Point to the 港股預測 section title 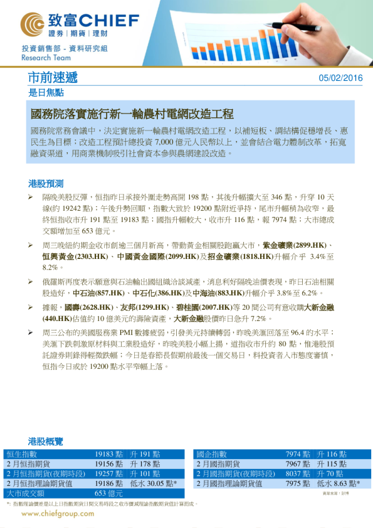tap(46, 184)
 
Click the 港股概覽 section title tap(46, 441)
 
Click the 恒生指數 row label tap(22, 454)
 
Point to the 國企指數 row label tap(211, 454)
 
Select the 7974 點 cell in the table tap(298, 454)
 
